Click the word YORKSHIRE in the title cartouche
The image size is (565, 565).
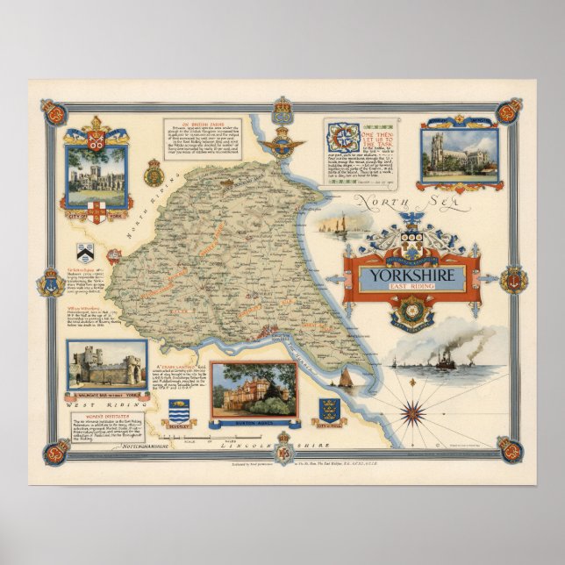point(410,272)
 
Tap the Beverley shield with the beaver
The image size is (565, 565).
point(179,411)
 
